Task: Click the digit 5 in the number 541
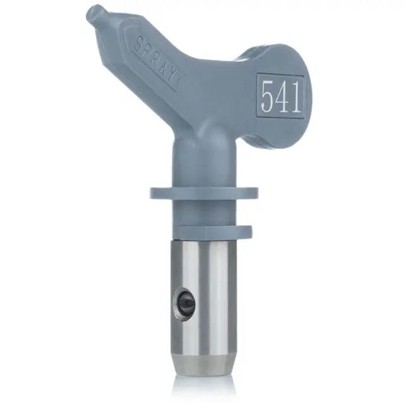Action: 267,96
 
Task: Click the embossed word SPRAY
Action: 156,61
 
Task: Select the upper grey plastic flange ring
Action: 203,193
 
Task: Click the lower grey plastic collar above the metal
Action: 212,232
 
